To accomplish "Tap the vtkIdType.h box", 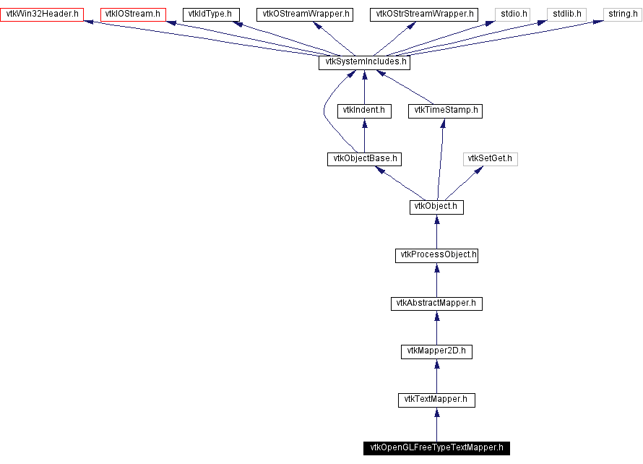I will click(210, 14).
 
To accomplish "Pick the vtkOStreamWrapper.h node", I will click(304, 14).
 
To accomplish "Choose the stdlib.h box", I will click(566, 14).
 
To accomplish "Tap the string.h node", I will click(621, 14).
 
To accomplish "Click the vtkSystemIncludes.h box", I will click(364, 62).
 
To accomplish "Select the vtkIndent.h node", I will click(364, 111).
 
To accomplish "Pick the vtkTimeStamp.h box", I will click(445, 111).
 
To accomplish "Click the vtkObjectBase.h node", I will click(364, 158).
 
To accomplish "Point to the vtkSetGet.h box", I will click(491, 158).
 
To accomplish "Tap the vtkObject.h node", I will click(436, 207).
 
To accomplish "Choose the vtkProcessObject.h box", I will click(436, 255).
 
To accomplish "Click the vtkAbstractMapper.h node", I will click(436, 303).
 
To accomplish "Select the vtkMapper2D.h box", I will click(436, 351).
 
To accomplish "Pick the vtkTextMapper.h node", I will click(436, 399).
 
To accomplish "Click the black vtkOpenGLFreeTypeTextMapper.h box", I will click(436, 447).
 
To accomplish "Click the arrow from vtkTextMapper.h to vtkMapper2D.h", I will click(436, 375).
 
